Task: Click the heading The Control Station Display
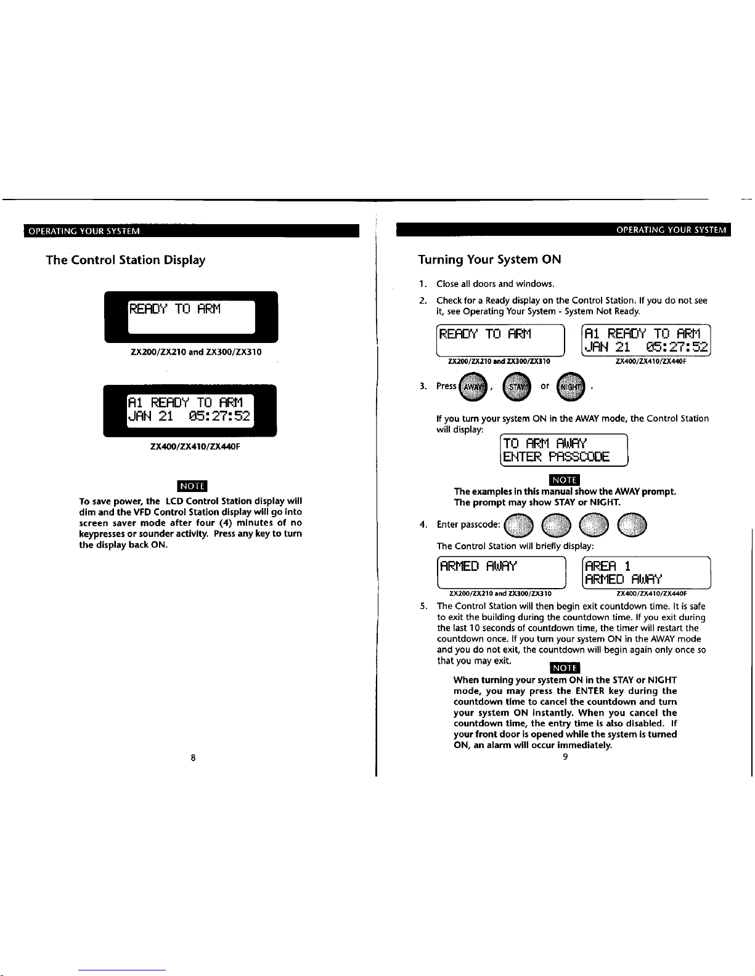[126, 260]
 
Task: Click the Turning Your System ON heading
[489, 259]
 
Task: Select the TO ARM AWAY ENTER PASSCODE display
[563, 450]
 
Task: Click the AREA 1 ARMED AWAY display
[647, 573]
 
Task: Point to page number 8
[193, 758]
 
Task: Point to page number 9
[565, 757]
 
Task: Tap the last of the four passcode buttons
[632, 525]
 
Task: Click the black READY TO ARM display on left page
[191, 317]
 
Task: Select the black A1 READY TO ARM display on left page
[190, 410]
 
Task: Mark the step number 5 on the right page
[422, 607]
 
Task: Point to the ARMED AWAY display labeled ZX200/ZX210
[500, 573]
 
